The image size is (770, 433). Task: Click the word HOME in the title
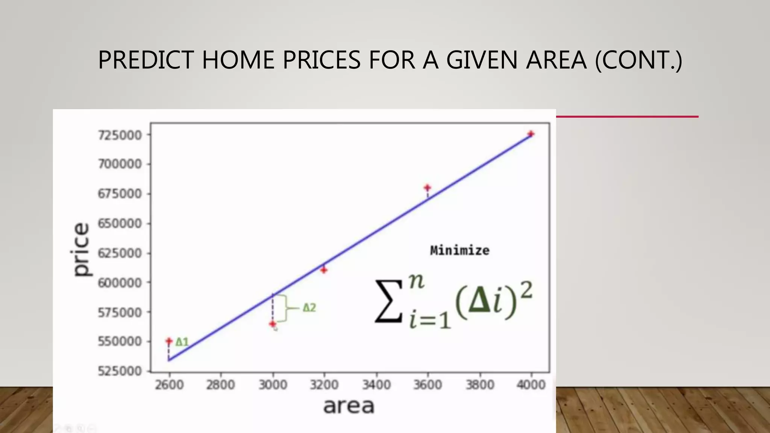pyautogui.click(x=238, y=60)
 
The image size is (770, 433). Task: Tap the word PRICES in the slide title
pyautogui.click(x=321, y=60)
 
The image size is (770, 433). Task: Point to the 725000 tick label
pyautogui.click(x=120, y=135)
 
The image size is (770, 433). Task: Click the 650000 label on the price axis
pyautogui.click(x=120, y=223)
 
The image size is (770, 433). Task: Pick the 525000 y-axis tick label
pyautogui.click(x=120, y=371)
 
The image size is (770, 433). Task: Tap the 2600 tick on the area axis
pyautogui.click(x=169, y=385)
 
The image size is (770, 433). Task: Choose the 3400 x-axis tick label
pyautogui.click(x=376, y=385)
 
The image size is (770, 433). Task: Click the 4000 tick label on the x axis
pyautogui.click(x=531, y=385)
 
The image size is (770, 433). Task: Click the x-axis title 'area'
pyautogui.click(x=349, y=406)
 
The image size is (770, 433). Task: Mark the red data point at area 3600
pyautogui.click(x=427, y=188)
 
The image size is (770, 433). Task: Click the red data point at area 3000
pyautogui.click(x=273, y=324)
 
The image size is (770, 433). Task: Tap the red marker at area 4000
pyautogui.click(x=531, y=134)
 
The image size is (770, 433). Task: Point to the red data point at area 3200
pyautogui.click(x=324, y=269)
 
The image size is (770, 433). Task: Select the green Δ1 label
pyautogui.click(x=182, y=342)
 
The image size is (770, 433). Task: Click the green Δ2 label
pyautogui.click(x=309, y=308)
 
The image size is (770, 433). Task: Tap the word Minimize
pyautogui.click(x=459, y=250)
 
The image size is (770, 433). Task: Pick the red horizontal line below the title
pyautogui.click(x=627, y=117)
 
